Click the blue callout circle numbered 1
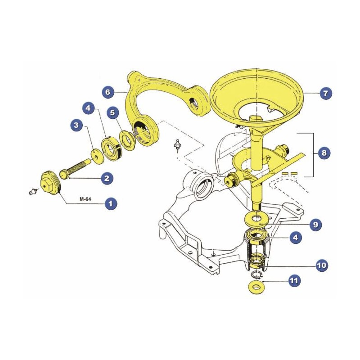point(111,204)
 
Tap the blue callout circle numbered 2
point(107,178)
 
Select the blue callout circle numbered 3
point(76,125)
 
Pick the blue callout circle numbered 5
point(112,112)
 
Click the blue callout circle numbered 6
point(108,92)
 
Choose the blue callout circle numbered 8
point(324,153)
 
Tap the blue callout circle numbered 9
point(316,224)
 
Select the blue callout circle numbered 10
point(322,265)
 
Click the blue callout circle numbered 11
point(294,280)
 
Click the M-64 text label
point(85,199)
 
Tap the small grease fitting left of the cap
point(33,191)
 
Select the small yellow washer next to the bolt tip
point(98,157)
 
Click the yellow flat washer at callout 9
point(256,220)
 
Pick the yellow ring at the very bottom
point(256,287)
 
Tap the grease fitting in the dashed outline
point(177,145)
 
